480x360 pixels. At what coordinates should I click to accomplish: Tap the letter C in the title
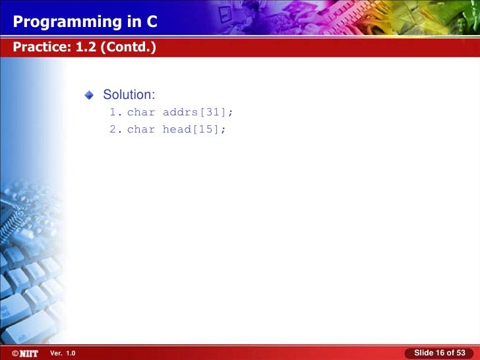(x=152, y=22)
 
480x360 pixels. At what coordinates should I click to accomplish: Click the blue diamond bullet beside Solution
(x=90, y=97)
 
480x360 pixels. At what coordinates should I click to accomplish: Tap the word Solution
(x=129, y=96)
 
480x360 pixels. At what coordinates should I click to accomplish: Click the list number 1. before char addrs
(x=115, y=113)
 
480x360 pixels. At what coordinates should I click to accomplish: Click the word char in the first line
(x=140, y=113)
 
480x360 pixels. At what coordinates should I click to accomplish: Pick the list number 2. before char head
(x=115, y=129)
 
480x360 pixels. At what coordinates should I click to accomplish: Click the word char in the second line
(x=140, y=129)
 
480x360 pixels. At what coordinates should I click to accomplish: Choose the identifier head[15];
(x=194, y=129)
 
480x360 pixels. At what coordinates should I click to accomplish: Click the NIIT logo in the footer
(x=28, y=354)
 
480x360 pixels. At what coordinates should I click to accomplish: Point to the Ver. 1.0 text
(x=63, y=354)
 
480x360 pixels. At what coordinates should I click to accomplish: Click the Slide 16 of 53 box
(x=439, y=353)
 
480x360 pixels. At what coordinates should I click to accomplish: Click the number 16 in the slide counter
(x=440, y=353)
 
